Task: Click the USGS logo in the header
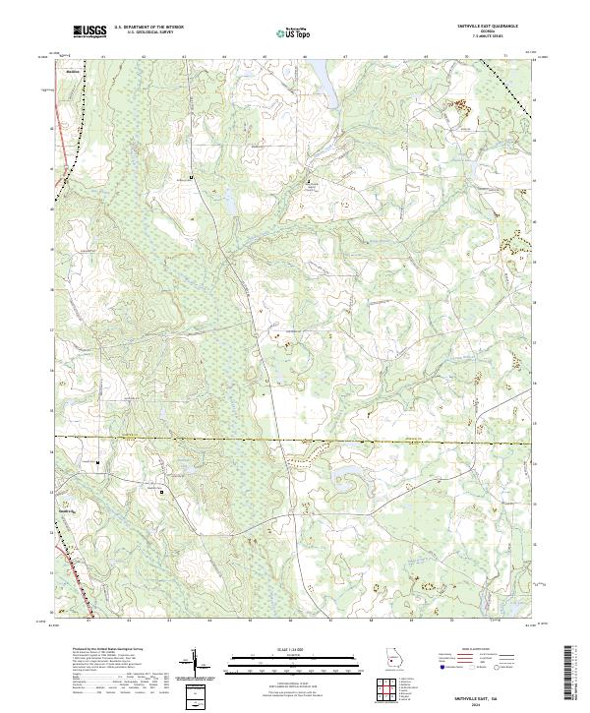89,31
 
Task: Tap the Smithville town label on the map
70,73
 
